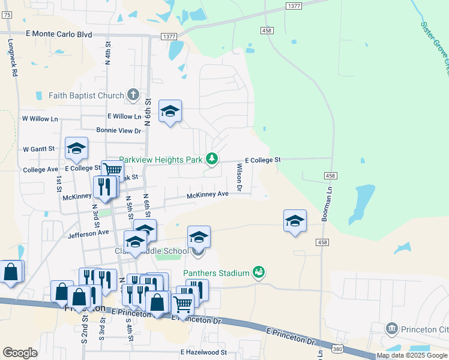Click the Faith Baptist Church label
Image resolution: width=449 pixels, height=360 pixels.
[86, 95]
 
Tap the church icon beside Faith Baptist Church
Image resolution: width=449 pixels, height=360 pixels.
[133, 95]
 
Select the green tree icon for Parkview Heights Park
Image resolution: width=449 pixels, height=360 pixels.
[211, 159]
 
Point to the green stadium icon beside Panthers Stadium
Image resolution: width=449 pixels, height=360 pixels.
[259, 273]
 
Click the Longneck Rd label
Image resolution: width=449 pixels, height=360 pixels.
[11, 58]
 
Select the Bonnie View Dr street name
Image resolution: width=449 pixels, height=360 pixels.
[118, 130]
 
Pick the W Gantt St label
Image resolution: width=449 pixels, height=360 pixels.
[38, 149]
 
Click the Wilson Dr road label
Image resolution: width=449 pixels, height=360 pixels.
[239, 178]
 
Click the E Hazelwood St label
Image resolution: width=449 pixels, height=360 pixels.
[203, 353]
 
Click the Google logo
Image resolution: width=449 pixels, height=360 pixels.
[20, 352]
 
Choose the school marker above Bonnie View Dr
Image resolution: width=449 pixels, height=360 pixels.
[170, 111]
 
